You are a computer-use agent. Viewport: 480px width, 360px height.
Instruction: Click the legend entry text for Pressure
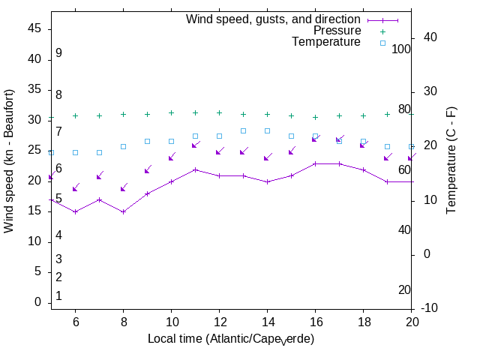point(337,31)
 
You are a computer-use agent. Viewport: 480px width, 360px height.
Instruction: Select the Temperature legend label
point(326,42)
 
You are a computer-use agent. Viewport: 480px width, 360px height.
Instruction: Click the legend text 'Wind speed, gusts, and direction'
point(274,19)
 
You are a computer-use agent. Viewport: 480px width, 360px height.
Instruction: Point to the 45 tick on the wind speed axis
point(34,28)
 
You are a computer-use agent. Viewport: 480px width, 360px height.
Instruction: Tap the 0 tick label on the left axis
point(37,302)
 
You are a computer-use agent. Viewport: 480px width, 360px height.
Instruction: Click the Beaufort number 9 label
point(58,53)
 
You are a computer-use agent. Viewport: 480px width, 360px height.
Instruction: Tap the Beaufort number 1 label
point(58,296)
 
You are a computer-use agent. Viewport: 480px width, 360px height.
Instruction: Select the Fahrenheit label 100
point(402,49)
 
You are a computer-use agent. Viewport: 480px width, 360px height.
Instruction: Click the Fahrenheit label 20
point(404,290)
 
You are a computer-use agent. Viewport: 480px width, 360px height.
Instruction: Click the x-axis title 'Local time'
point(230,339)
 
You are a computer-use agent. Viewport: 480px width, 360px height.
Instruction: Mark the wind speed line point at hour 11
point(195,169)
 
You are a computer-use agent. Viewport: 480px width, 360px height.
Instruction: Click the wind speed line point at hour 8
point(123,211)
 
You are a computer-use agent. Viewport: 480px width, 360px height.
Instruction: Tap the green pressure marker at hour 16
point(315,117)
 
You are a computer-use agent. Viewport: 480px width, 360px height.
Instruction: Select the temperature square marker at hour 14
point(267,131)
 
